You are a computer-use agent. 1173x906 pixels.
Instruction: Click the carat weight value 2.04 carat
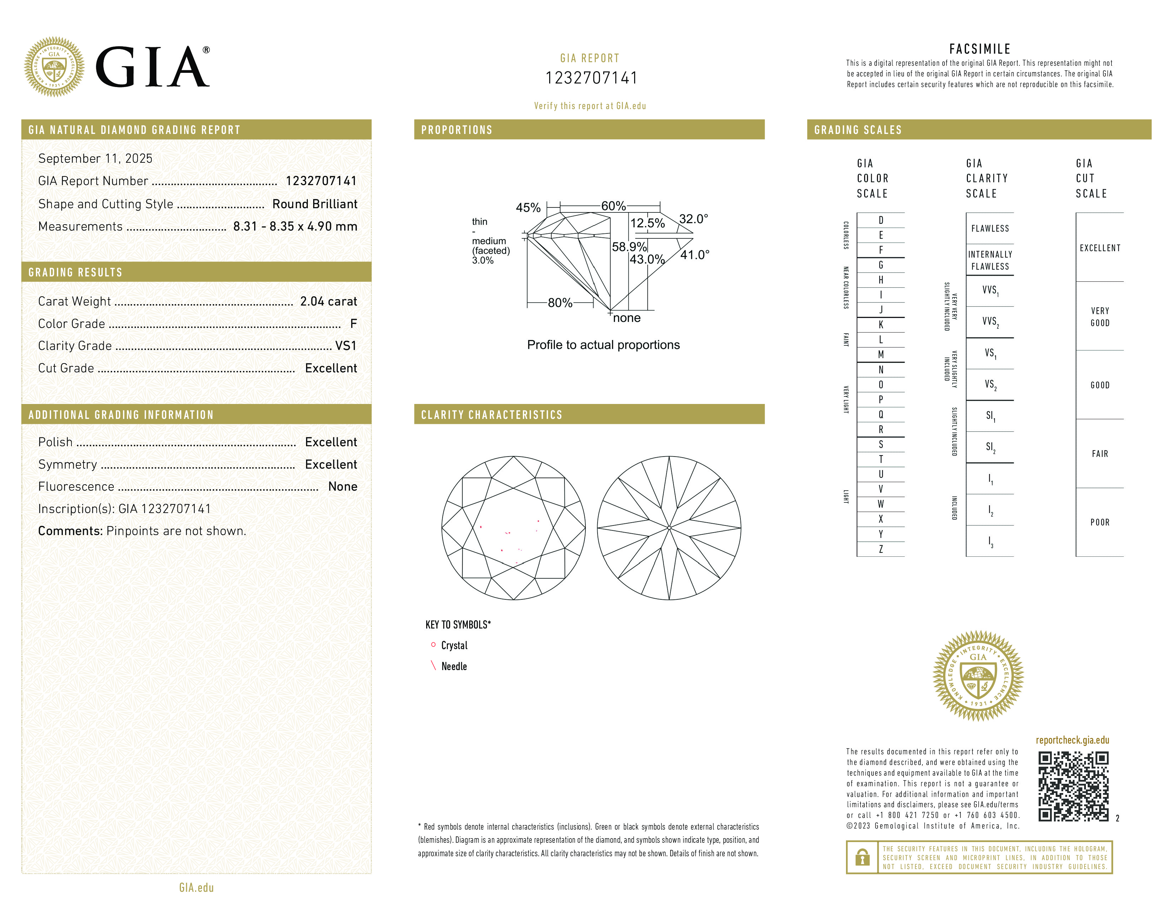pyautogui.click(x=328, y=302)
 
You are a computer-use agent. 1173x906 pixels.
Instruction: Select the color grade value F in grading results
pyautogui.click(x=353, y=324)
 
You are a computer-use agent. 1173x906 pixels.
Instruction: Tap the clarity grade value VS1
pyautogui.click(x=346, y=346)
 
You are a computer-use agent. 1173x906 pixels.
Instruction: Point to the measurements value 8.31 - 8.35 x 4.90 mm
pyautogui.click(x=295, y=227)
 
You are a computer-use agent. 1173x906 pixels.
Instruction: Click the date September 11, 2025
pyautogui.click(x=95, y=158)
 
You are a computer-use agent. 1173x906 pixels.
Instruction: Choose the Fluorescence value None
pyautogui.click(x=343, y=487)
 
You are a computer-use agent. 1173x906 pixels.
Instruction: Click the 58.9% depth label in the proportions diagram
pyautogui.click(x=629, y=247)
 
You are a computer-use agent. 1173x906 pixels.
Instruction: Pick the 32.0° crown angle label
pyautogui.click(x=693, y=219)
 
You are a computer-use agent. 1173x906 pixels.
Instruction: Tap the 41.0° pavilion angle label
pyautogui.click(x=695, y=255)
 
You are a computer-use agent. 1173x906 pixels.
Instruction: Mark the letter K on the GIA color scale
pyautogui.click(x=881, y=325)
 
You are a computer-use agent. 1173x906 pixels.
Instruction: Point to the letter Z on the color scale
pyautogui.click(x=881, y=549)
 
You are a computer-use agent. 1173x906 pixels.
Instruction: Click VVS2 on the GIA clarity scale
pyautogui.click(x=990, y=322)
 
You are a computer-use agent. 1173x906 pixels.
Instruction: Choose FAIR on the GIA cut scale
pyautogui.click(x=1099, y=454)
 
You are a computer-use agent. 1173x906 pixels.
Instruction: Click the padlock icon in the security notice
pyautogui.click(x=862, y=857)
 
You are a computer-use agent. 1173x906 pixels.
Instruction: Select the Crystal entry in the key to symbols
pyautogui.click(x=454, y=646)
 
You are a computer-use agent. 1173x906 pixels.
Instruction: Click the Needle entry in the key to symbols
pyautogui.click(x=454, y=667)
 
